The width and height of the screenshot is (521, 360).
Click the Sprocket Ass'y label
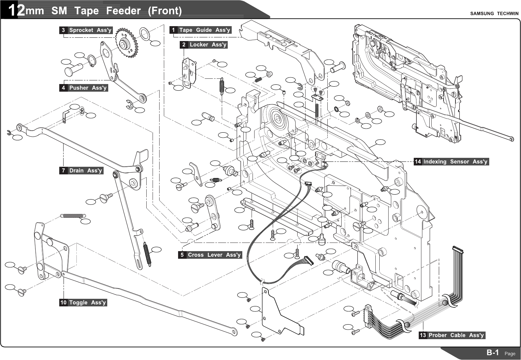(86, 30)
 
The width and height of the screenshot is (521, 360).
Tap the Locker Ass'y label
(204, 45)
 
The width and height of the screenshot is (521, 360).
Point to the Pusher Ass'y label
(84, 88)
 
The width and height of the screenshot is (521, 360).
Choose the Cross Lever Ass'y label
(210, 255)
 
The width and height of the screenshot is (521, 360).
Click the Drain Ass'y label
(81, 171)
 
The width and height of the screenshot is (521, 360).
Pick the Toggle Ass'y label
(83, 302)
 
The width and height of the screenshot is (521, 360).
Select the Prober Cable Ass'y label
(452, 335)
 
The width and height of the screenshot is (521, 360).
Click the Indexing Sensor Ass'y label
(451, 162)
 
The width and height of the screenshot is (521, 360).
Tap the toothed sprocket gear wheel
(126, 43)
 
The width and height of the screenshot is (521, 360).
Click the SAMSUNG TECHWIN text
(494, 14)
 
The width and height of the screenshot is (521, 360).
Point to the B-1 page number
(493, 353)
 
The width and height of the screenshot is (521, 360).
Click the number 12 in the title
(16, 11)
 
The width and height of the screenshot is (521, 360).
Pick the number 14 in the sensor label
(418, 162)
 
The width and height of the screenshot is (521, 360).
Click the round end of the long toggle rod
(234, 332)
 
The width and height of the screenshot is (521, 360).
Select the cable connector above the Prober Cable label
(458, 249)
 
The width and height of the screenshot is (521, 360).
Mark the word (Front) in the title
(165, 11)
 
